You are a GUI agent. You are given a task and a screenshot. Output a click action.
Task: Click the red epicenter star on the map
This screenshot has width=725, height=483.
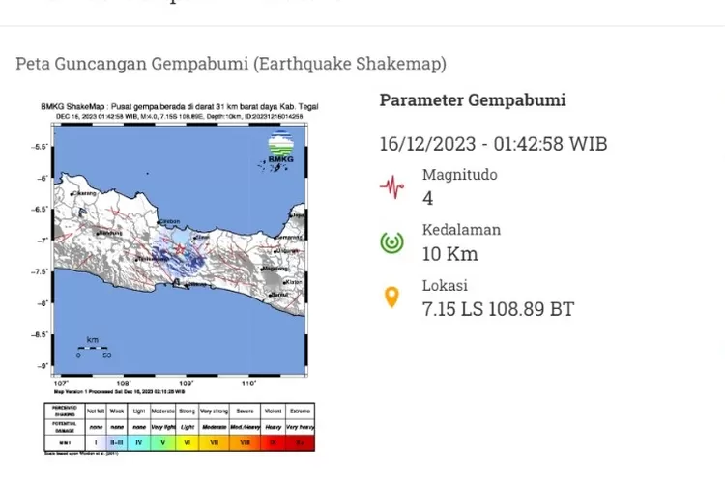[180, 249]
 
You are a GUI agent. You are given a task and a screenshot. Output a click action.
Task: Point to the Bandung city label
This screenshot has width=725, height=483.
[110, 233]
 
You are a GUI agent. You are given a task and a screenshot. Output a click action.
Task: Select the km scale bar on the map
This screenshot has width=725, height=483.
[93, 349]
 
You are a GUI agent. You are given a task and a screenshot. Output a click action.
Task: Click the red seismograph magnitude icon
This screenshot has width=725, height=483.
[391, 186]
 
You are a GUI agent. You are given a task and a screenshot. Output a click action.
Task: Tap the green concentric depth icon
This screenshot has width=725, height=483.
[391, 241]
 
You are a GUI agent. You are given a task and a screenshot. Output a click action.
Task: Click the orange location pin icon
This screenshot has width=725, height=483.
[391, 297]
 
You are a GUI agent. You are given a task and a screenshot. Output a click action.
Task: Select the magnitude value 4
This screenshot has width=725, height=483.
[428, 199]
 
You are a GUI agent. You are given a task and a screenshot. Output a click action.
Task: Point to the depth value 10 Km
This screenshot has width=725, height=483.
[450, 254]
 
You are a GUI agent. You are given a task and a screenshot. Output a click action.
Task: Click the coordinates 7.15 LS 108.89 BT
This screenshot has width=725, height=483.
[498, 309]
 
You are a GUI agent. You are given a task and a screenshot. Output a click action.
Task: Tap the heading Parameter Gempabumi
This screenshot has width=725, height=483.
[473, 100]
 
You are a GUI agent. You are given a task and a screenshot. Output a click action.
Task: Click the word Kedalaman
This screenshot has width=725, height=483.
[461, 230]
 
